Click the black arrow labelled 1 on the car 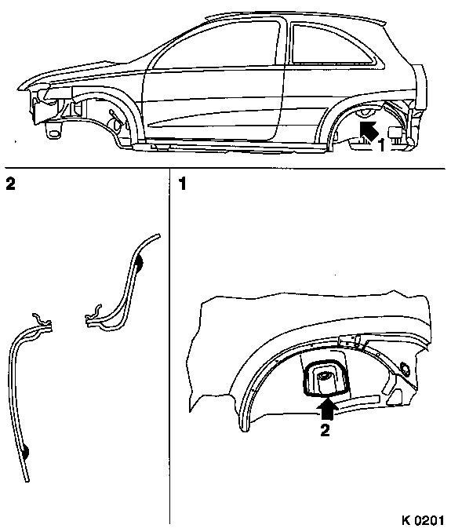click(369, 130)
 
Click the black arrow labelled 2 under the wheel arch click(327, 409)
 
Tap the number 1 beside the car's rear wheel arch click(381, 145)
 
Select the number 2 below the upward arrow click(326, 430)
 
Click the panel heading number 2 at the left click(10, 184)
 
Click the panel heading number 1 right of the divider click(183, 184)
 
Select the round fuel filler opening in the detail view click(406, 369)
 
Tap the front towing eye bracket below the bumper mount click(53, 130)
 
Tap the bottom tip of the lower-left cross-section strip click(27, 480)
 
